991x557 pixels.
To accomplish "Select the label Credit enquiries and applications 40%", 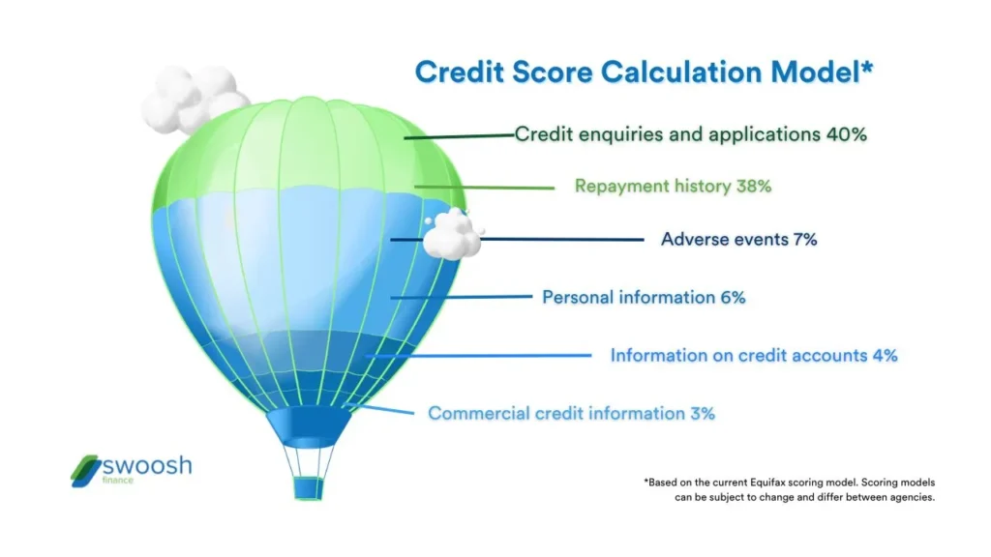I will [x=690, y=134].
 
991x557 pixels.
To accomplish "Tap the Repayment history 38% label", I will [x=673, y=186].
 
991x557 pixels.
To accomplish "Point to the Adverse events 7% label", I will [x=738, y=238].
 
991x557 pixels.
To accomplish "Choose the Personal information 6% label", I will [x=644, y=298].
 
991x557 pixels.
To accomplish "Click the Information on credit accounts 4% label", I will [x=753, y=355].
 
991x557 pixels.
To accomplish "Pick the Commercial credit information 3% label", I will [x=571, y=413].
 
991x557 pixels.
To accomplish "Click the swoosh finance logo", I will [x=132, y=469].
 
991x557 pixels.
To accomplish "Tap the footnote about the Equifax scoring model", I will [x=789, y=489].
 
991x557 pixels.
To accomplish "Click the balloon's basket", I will [x=308, y=487].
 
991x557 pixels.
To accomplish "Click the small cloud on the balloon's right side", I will [x=452, y=234].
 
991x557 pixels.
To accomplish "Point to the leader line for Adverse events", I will [x=561, y=239].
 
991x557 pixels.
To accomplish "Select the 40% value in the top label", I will [x=846, y=134].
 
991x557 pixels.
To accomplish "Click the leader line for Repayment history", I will [x=484, y=186].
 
